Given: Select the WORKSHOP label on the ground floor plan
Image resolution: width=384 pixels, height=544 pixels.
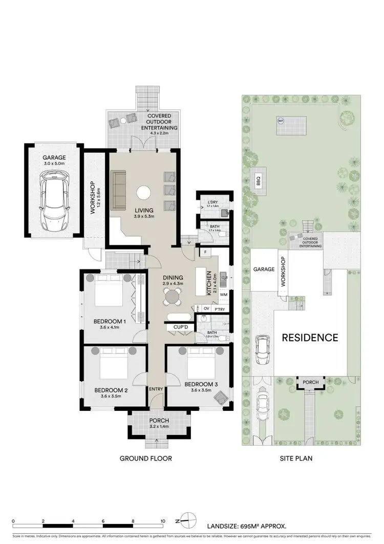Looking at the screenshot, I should tap(93, 197).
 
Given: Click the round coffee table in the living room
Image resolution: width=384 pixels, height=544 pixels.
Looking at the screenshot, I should tap(143, 193).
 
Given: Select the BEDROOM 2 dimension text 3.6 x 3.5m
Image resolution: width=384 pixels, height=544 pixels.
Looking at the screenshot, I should tap(111, 396).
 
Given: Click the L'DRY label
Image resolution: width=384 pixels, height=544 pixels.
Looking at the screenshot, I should tap(213, 202).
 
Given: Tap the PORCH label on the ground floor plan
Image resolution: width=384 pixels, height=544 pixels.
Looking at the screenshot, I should tap(159, 422).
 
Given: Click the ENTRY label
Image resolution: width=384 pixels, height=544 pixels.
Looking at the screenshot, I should tap(156, 389).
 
